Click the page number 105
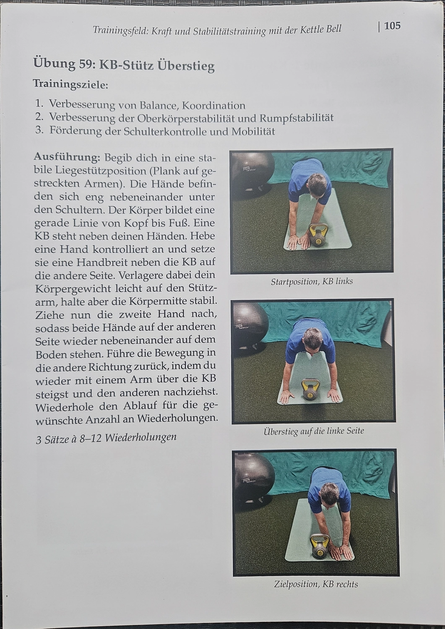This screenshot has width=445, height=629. pyautogui.click(x=392, y=26)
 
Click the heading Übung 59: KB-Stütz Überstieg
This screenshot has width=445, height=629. pyautogui.click(x=124, y=65)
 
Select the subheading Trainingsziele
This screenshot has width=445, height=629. pyautogui.click(x=70, y=84)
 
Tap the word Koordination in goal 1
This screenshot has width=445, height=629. pyautogui.click(x=214, y=105)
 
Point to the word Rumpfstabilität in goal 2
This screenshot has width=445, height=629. pyautogui.click(x=297, y=118)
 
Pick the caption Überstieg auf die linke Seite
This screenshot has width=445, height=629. pyautogui.click(x=314, y=431)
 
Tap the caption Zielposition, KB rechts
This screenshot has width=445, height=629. pyautogui.click(x=316, y=584)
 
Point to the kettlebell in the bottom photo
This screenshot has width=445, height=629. pyautogui.click(x=319, y=546)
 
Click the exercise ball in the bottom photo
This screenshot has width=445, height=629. pyautogui.click(x=253, y=476)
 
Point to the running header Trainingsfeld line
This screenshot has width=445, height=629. pyautogui.click(x=217, y=30)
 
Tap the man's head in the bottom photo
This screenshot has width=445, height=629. pyautogui.click(x=330, y=495)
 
